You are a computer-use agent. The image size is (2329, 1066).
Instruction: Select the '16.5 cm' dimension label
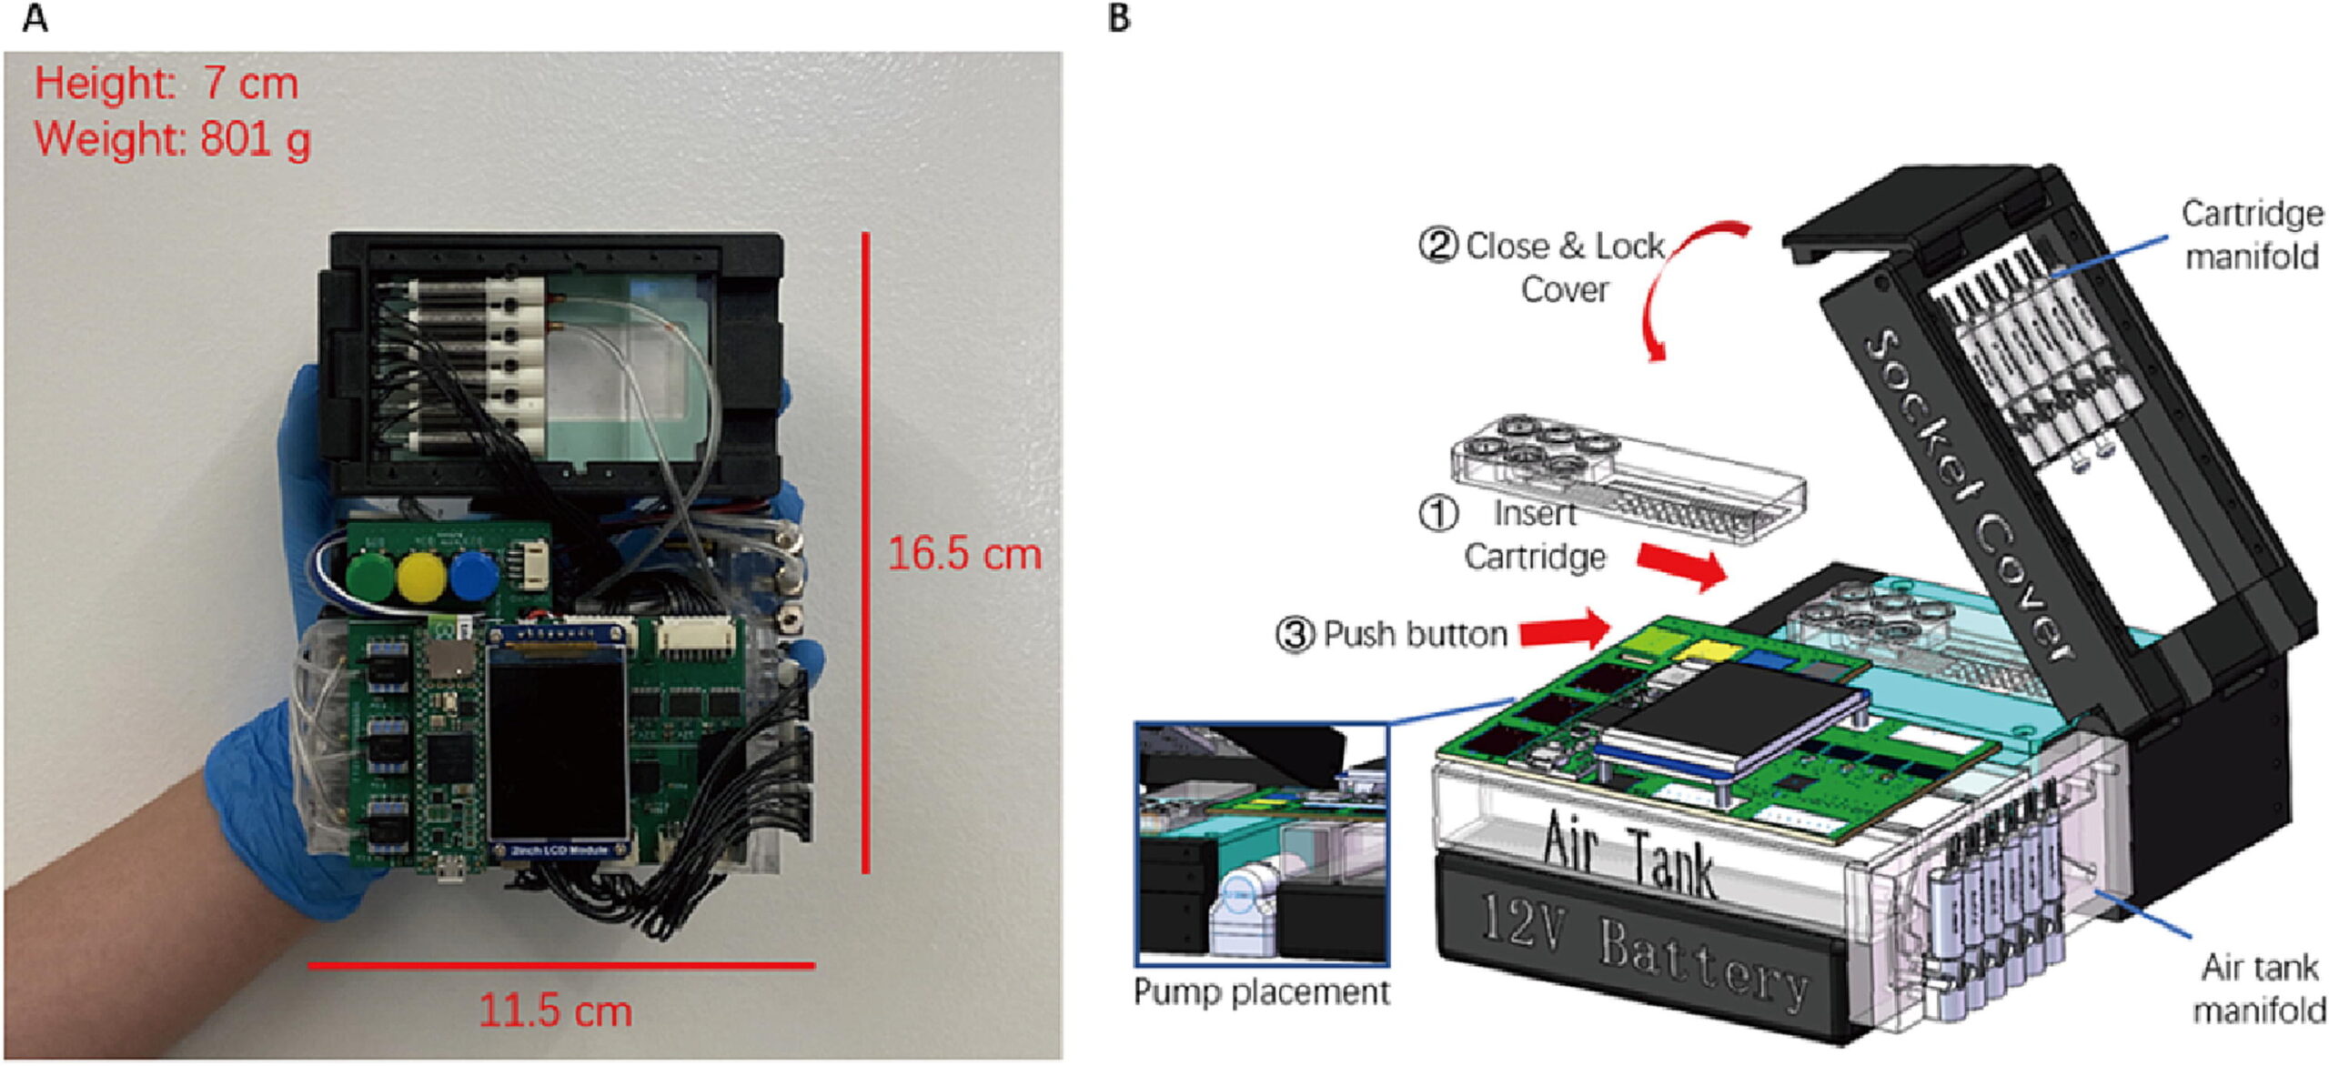[964, 554]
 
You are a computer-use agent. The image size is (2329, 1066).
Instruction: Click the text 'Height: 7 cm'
[166, 84]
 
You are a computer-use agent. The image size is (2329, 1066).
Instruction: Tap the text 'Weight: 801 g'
[173, 139]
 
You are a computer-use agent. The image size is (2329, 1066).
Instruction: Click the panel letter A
[35, 18]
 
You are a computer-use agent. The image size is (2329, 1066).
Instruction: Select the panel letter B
[1120, 18]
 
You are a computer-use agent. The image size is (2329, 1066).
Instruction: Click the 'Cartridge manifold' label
[2252, 235]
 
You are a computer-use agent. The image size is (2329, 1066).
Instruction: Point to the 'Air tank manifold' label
[2259, 988]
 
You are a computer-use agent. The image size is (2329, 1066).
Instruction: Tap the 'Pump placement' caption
[1261, 991]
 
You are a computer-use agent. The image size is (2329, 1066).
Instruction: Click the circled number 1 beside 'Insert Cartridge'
[1438, 513]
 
